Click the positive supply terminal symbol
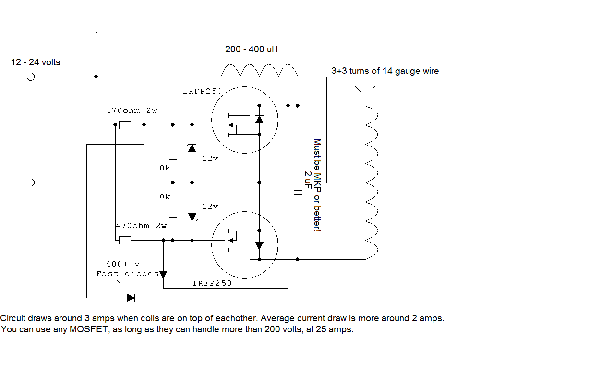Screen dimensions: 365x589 click(30, 77)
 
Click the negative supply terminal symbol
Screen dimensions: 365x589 click(30, 182)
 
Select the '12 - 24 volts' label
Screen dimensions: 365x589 click(36, 62)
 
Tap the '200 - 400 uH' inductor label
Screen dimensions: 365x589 click(252, 49)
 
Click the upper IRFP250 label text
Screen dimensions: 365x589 click(202, 91)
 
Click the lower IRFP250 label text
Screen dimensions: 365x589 click(212, 283)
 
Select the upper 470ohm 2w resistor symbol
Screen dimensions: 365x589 click(125, 125)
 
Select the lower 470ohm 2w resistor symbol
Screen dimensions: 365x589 click(125, 240)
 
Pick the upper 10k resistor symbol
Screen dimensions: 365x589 click(173, 154)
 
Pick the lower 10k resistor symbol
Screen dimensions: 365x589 click(173, 211)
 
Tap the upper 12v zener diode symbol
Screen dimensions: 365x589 click(192, 148)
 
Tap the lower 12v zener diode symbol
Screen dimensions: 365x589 click(192, 217)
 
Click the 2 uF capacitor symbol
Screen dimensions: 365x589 click(298, 193)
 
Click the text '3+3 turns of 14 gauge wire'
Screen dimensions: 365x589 click(385, 71)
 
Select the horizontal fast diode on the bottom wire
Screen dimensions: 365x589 click(131, 298)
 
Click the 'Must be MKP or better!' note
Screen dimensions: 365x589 click(317, 185)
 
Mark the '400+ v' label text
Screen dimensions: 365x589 click(123, 264)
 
